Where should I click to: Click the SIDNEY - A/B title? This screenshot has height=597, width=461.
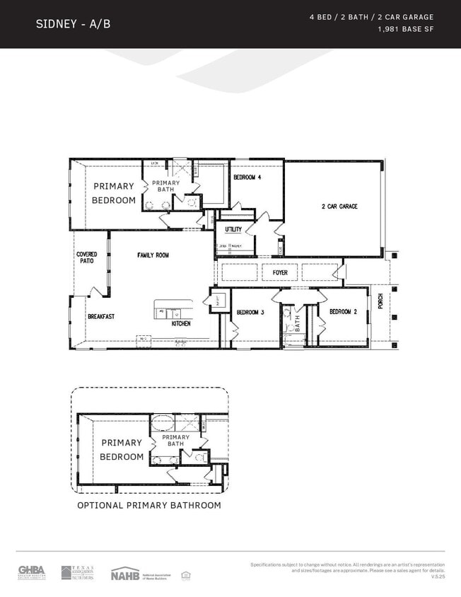73,24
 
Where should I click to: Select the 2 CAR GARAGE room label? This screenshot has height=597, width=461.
339,207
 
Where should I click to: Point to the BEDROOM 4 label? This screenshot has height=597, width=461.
247,178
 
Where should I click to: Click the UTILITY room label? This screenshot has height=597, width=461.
233,229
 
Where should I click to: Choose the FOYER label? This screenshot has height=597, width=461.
279,272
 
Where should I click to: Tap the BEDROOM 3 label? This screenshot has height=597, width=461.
250,312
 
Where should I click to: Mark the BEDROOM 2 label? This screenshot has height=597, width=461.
344,312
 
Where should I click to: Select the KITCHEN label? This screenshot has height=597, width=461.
182,323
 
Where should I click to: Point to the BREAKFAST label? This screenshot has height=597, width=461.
101,317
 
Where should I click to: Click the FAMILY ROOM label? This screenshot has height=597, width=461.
153,255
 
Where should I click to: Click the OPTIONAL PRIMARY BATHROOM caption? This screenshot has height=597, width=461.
149,505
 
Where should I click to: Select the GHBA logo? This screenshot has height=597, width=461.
32,572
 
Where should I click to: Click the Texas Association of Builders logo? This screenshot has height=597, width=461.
77,572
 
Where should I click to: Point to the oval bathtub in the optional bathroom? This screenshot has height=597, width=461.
163,424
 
